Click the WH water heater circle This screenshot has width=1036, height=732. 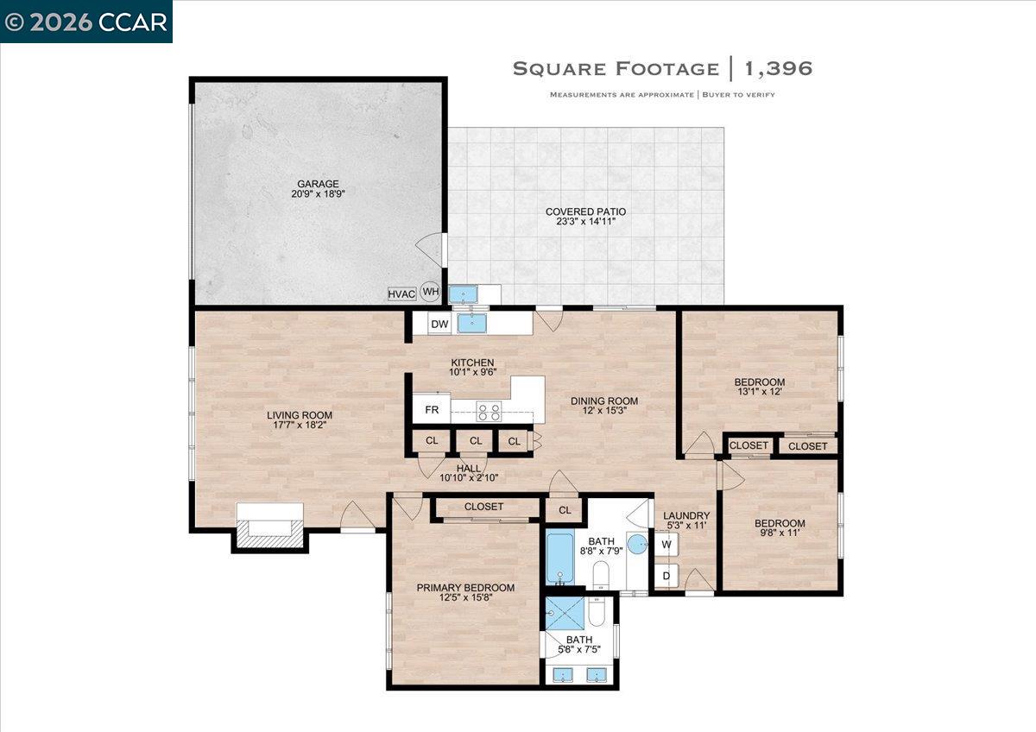click(x=430, y=292)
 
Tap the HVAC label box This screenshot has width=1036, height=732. click(x=401, y=294)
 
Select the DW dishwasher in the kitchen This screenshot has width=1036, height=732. click(x=439, y=324)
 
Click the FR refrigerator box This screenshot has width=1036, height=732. click(x=431, y=408)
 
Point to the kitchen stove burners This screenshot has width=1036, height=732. click(x=490, y=412)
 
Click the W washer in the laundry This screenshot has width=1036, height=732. click(x=666, y=545)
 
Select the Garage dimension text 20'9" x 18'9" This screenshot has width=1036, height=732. click(x=318, y=195)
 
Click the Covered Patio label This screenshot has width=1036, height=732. click(x=585, y=211)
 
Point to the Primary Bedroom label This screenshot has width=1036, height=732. click(x=465, y=588)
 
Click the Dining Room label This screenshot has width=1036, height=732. click(x=604, y=401)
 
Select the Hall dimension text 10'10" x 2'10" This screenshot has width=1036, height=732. click(x=469, y=477)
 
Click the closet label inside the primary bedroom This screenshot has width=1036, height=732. click(x=483, y=507)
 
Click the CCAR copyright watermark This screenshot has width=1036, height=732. click(x=86, y=22)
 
